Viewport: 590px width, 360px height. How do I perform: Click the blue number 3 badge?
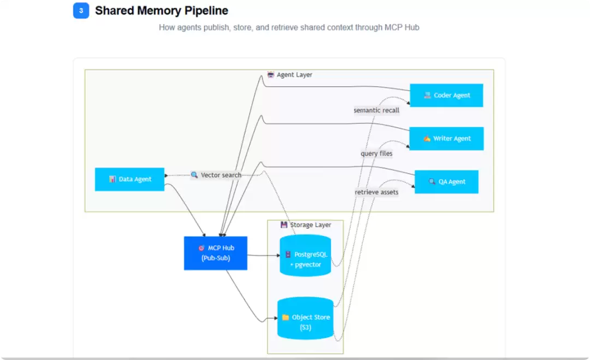[x=81, y=10]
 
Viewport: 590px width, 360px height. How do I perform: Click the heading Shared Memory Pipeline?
[x=161, y=10]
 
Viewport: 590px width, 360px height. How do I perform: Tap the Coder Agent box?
[x=446, y=95]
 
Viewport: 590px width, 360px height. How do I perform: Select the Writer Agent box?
[x=446, y=138]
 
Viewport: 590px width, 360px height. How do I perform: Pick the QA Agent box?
[x=446, y=182]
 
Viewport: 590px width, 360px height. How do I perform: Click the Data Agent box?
[x=129, y=179]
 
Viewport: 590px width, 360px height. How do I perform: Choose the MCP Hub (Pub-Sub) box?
[x=216, y=253]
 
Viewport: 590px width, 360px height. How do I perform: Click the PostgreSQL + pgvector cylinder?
[x=305, y=256]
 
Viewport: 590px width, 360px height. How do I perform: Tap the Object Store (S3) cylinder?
[x=305, y=318]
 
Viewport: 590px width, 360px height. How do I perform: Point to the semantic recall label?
[x=376, y=110]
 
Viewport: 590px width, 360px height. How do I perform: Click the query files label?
[x=376, y=154]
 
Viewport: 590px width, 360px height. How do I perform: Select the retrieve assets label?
[x=376, y=192]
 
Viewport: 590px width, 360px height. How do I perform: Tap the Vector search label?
[x=221, y=175]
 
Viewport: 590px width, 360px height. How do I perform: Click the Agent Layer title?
[x=294, y=74]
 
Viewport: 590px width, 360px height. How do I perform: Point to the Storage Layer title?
[x=310, y=225]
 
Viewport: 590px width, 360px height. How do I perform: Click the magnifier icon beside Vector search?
[x=194, y=175]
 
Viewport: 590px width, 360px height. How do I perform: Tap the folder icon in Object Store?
[x=286, y=317]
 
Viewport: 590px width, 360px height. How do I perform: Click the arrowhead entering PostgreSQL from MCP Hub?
[x=278, y=256]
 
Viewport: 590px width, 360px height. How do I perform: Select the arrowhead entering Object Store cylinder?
[x=275, y=318]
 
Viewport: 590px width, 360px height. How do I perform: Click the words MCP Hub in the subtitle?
[x=402, y=27]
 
